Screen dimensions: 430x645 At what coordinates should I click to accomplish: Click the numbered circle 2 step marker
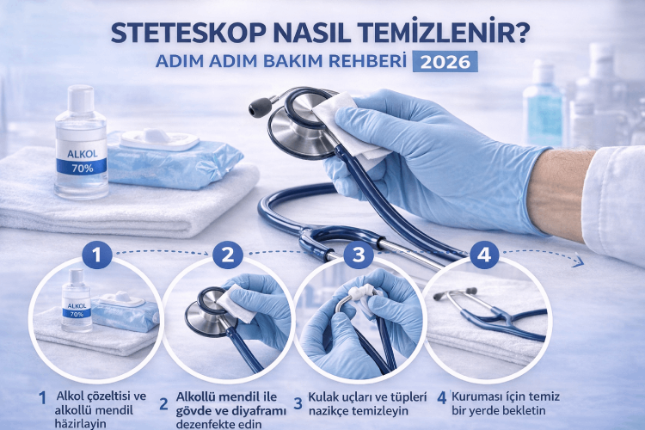(227, 254)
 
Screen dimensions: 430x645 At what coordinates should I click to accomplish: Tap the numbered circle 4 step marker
(484, 254)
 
